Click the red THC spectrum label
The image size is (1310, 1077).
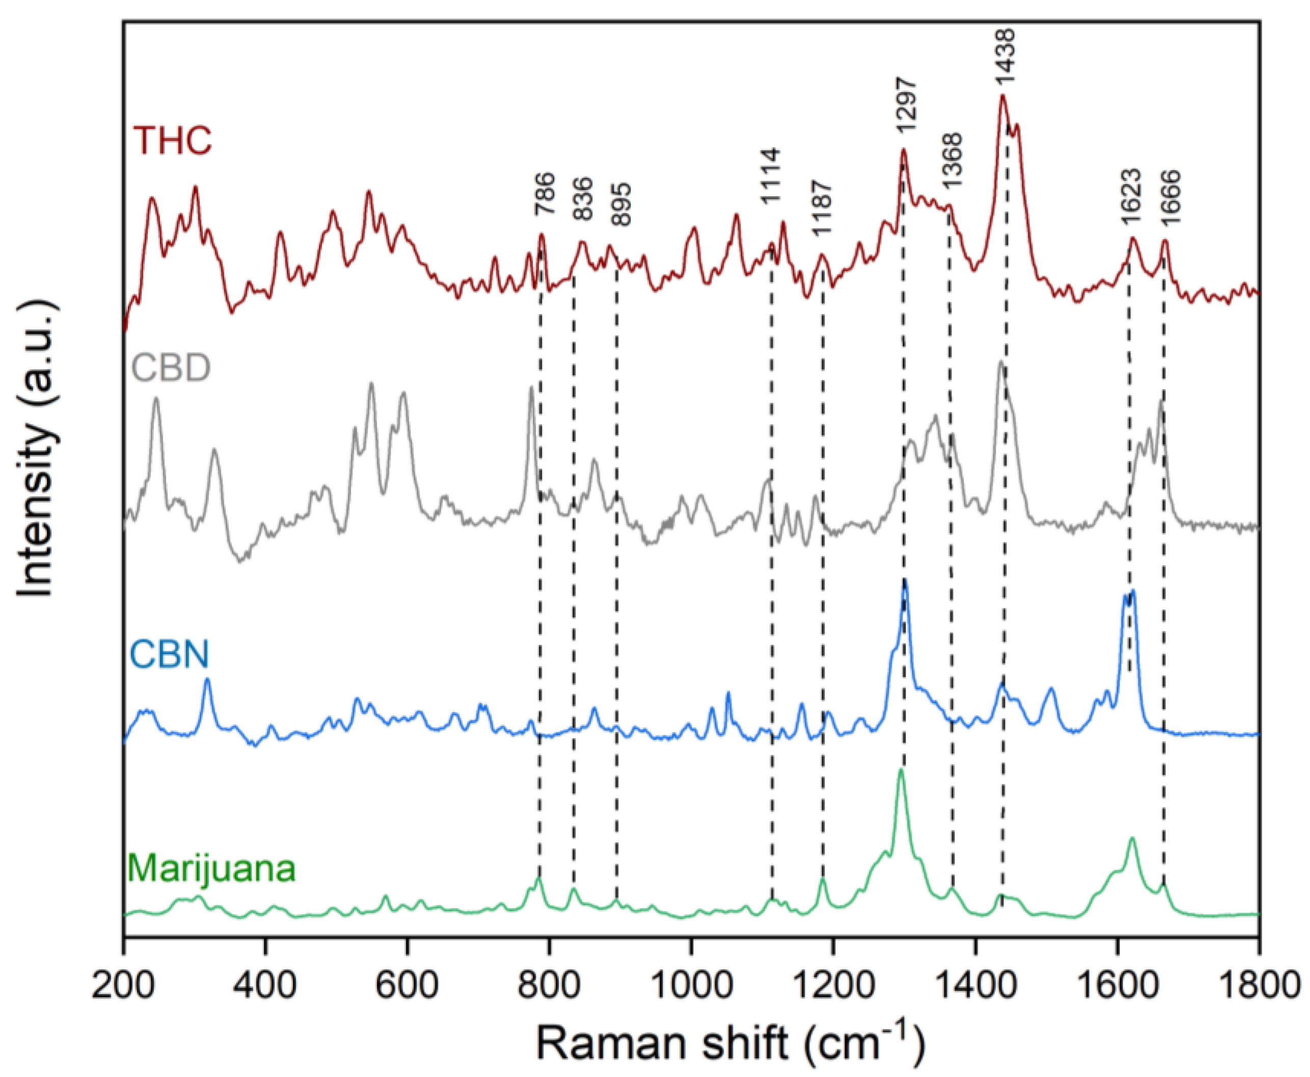click(x=173, y=141)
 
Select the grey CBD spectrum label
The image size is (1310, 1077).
click(x=171, y=368)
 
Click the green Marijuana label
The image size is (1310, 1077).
click(x=211, y=869)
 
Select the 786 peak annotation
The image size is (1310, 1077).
click(x=544, y=194)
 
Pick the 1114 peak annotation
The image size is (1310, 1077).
click(x=771, y=176)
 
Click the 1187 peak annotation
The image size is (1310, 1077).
click(x=823, y=208)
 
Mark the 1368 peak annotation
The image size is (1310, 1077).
click(x=951, y=161)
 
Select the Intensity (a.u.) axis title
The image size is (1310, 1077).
click(x=36, y=450)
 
